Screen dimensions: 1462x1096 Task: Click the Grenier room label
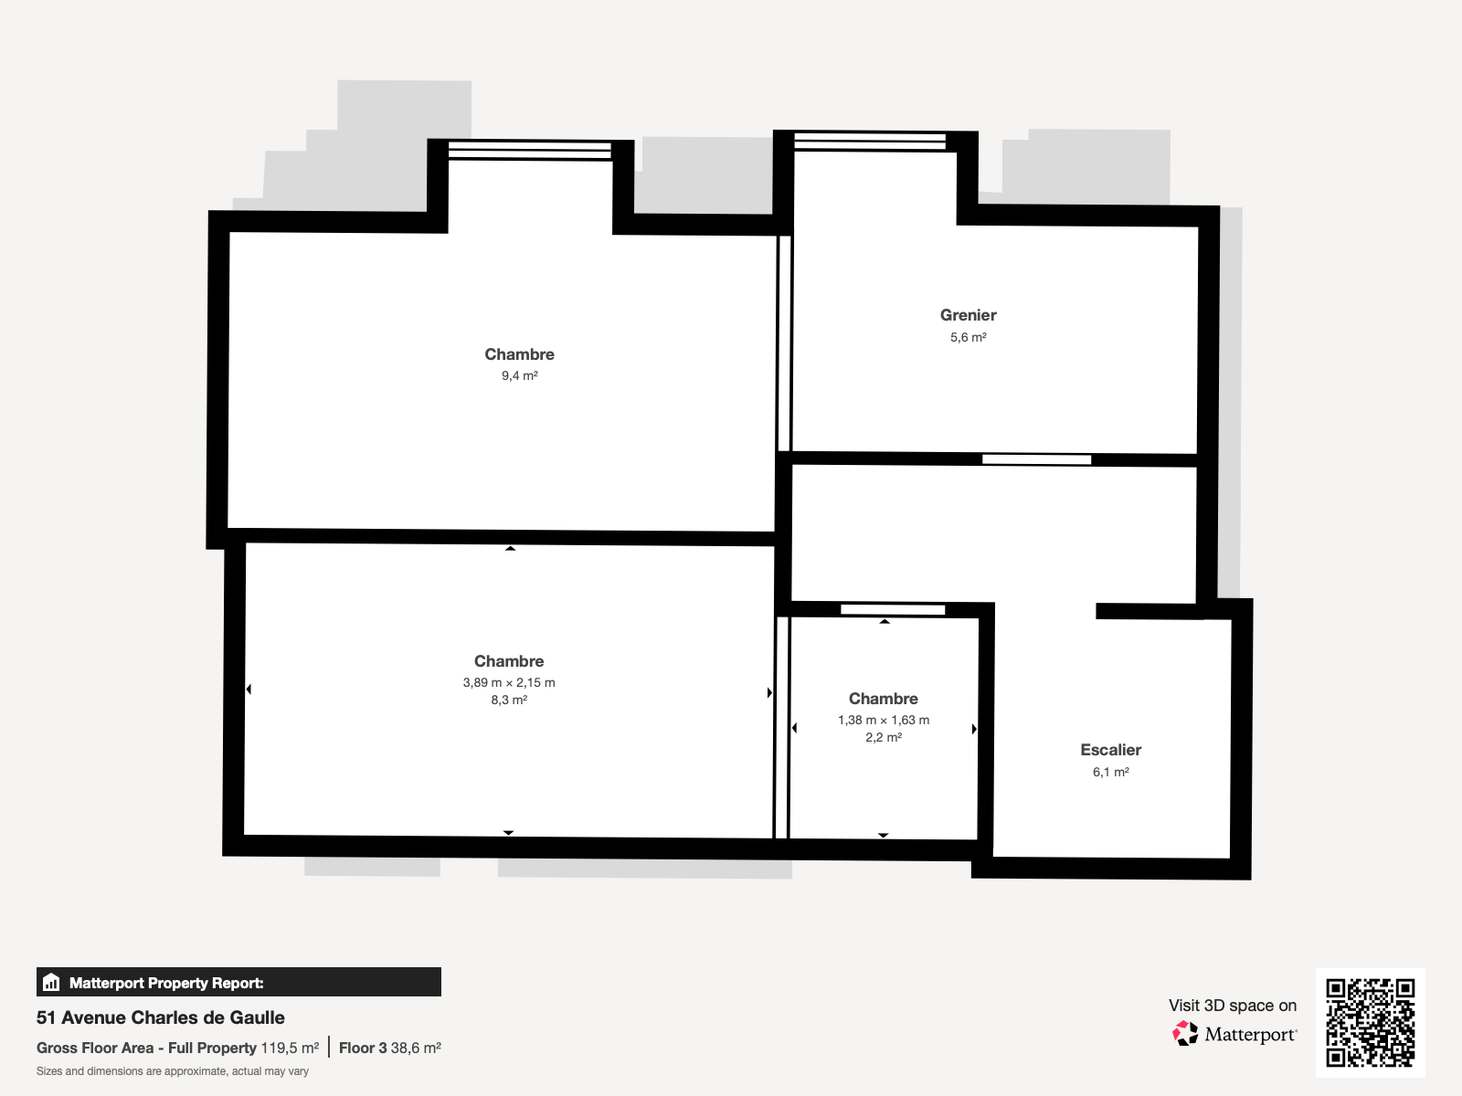968,315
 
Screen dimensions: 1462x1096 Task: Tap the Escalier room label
1110,750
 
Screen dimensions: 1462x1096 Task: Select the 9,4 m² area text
520,376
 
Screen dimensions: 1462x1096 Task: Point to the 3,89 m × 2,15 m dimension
509,683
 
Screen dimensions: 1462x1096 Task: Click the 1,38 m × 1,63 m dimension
884,720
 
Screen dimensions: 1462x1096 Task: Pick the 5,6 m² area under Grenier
968,337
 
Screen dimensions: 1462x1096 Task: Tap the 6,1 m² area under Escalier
1110,772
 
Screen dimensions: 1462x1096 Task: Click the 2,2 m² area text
884,737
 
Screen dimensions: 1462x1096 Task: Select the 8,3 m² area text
509,700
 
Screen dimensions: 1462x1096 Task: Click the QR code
1370,1023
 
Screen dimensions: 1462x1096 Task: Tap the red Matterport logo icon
1185,1034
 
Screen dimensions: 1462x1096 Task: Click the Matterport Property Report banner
238,982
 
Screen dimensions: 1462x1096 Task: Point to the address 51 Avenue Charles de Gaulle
161,1017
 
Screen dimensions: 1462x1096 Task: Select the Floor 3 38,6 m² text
389,1049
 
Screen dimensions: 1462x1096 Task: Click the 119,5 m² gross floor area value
290,1049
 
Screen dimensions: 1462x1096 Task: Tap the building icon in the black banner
51,982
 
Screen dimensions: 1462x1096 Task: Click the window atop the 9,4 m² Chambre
529,151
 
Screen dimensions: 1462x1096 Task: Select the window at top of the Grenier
870,141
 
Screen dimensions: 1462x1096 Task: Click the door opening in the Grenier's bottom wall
1036,459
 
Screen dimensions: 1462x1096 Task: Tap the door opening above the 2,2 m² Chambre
893,609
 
